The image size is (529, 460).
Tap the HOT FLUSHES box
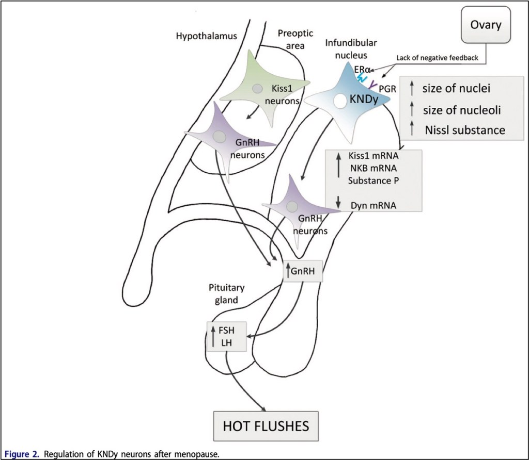point(266,426)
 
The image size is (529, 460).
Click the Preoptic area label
point(292,40)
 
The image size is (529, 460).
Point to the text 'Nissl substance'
point(464,130)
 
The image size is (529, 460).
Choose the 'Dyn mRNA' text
point(373,205)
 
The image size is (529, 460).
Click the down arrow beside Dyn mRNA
point(338,202)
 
